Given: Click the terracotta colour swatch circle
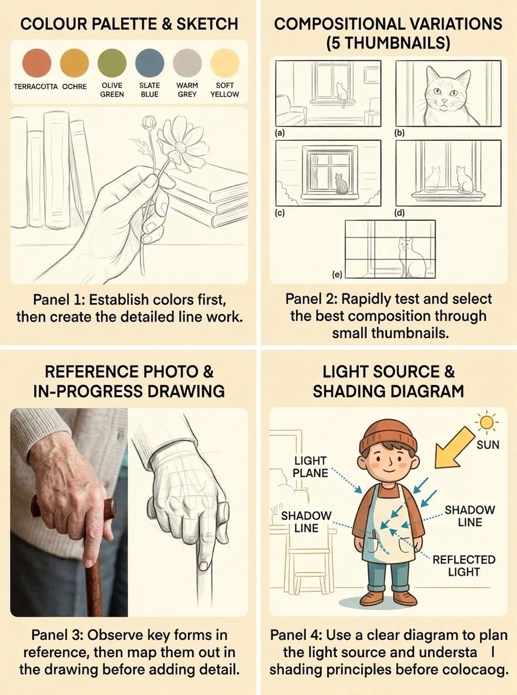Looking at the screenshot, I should click(x=36, y=62).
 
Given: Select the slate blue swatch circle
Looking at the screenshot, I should click(x=149, y=62).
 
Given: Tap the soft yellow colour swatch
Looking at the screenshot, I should click(x=224, y=62).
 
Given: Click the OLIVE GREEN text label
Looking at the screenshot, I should click(x=112, y=90).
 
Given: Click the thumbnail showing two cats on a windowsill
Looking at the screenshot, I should click(x=448, y=173).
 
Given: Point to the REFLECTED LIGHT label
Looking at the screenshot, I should click(x=464, y=566).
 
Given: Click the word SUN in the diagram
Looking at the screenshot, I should click(x=488, y=445).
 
